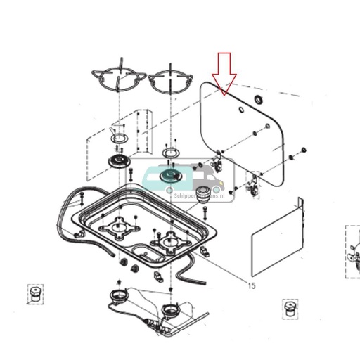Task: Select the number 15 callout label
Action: [252, 285]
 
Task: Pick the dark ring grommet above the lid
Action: [259, 99]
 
